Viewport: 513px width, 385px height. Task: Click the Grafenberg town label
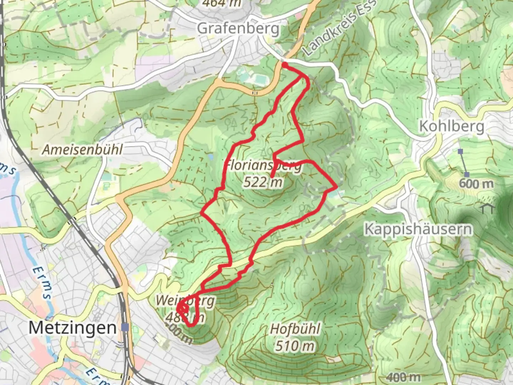tap(238, 28)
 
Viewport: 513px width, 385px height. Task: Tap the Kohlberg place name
tap(452, 126)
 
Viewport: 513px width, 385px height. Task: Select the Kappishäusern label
tap(418, 229)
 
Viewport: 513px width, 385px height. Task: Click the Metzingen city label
tap(72, 327)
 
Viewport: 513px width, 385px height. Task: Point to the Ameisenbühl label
tap(82, 150)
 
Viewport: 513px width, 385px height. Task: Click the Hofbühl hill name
tap(295, 329)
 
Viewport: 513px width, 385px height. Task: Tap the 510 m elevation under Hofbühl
tap(295, 346)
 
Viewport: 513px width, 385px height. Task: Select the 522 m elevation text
tap(263, 183)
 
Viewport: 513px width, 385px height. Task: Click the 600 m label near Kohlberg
tap(476, 184)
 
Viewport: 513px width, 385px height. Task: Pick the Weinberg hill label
tap(185, 301)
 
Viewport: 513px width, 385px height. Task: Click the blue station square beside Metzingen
tap(125, 327)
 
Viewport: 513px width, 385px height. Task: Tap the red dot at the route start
tap(285, 65)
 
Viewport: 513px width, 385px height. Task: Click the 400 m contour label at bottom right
tap(403, 376)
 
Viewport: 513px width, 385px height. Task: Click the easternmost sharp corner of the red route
tap(337, 186)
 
